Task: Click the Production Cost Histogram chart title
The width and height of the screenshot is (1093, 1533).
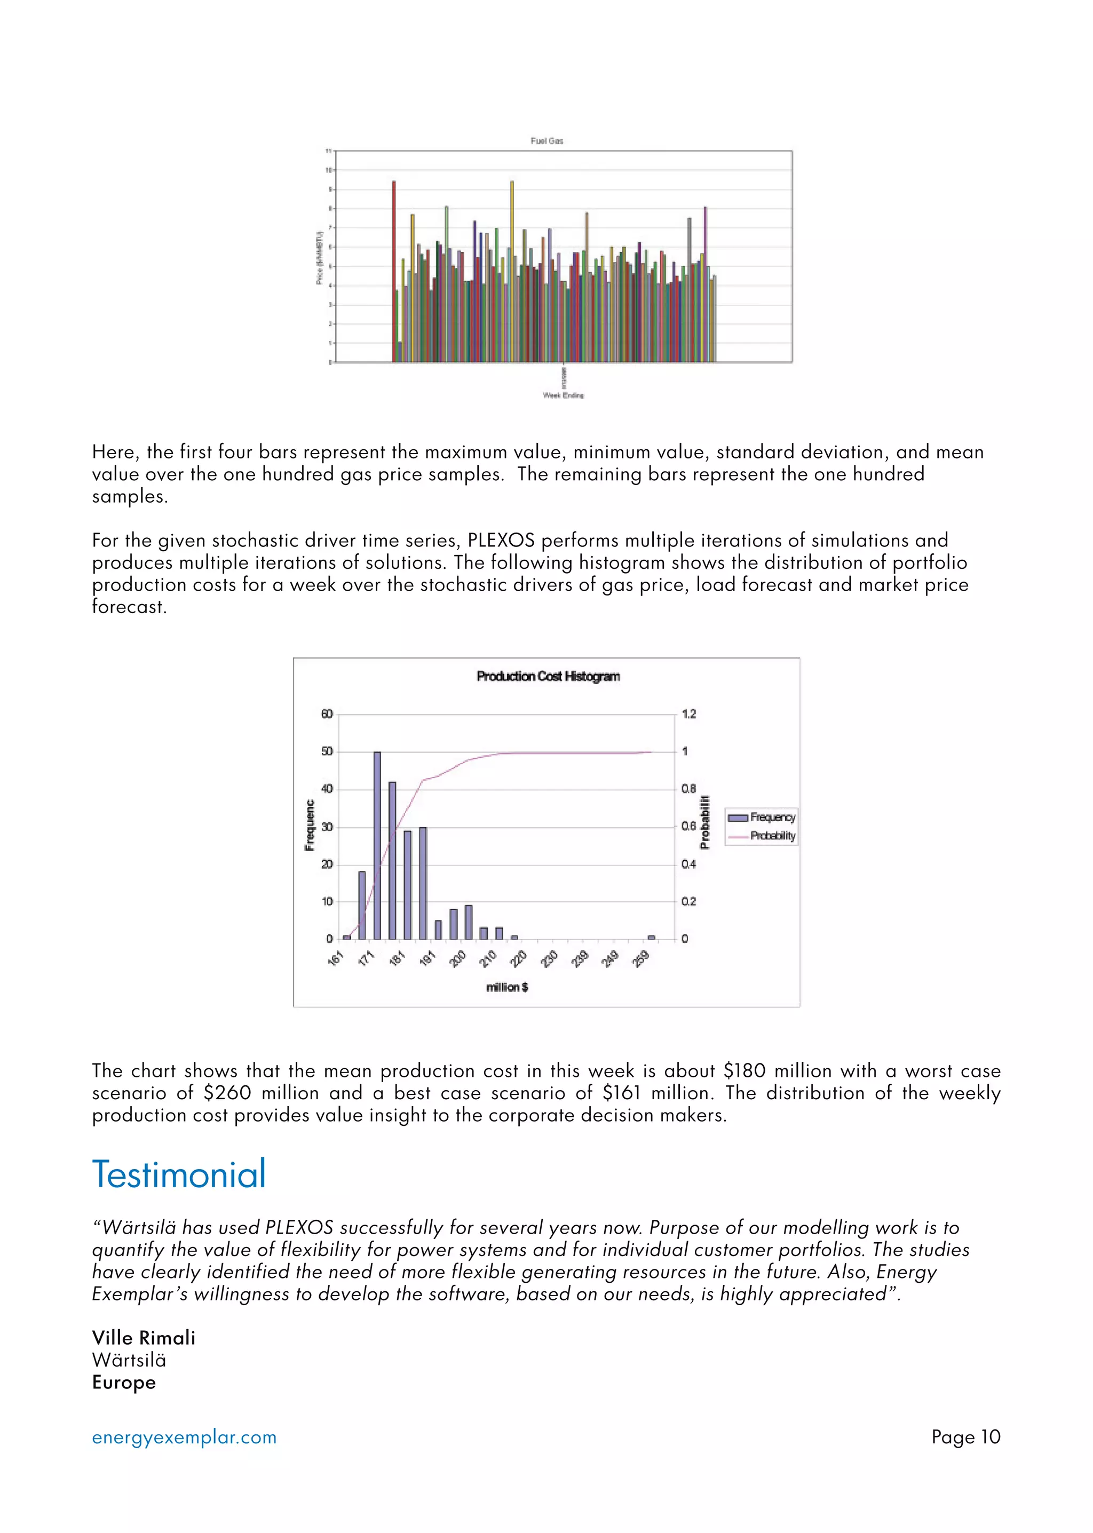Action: click(x=548, y=677)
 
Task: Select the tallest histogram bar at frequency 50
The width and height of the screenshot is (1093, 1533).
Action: click(x=377, y=845)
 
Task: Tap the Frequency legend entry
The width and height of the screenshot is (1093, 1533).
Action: click(x=762, y=817)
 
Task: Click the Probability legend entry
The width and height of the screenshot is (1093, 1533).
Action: click(x=762, y=836)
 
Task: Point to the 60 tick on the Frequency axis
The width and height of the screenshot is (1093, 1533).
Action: click(x=327, y=714)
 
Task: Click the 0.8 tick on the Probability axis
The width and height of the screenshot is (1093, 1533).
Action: click(x=688, y=789)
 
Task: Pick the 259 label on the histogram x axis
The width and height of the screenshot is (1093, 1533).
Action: click(x=641, y=958)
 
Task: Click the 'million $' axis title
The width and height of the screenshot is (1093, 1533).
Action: click(x=507, y=987)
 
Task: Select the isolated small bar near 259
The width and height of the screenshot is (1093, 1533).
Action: click(x=651, y=937)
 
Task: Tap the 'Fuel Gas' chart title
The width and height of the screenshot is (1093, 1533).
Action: click(x=546, y=141)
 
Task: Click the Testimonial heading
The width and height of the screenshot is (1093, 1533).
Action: click(x=179, y=1174)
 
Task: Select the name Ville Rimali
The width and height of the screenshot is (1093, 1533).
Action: click(x=144, y=1338)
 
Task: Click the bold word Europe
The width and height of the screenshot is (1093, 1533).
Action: click(x=124, y=1382)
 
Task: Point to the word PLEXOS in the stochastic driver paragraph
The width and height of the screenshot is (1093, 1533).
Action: click(x=501, y=541)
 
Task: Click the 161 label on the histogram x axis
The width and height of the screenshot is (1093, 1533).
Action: click(x=336, y=958)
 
